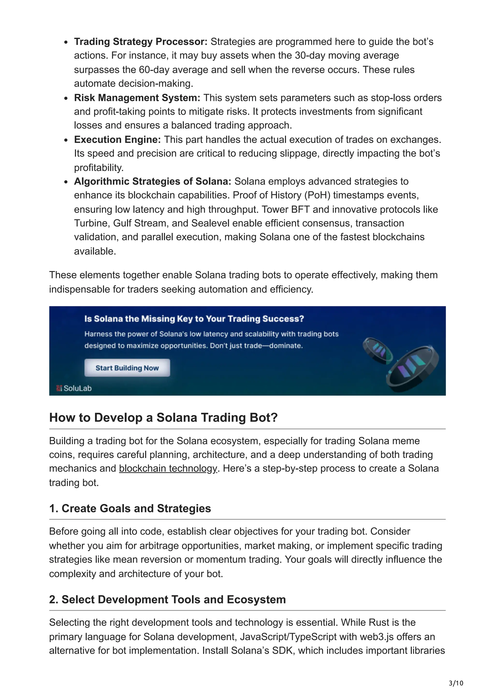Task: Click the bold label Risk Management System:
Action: [x=137, y=98]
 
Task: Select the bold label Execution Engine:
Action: [x=117, y=139]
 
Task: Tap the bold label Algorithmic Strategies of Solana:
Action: [x=153, y=181]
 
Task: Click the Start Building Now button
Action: [x=127, y=368]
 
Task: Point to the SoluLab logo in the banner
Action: [x=74, y=388]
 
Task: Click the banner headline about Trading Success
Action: [x=194, y=319]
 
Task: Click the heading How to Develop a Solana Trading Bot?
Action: [x=163, y=417]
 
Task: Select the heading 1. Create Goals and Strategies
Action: [x=130, y=508]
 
